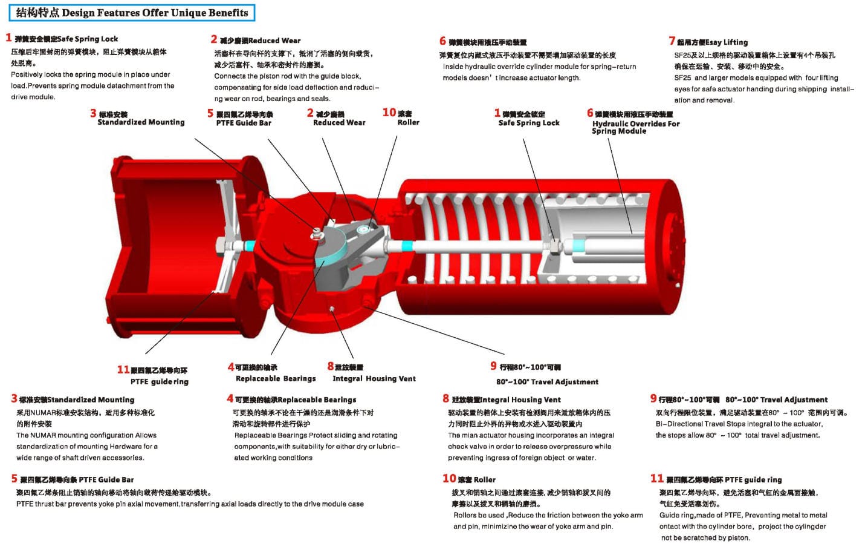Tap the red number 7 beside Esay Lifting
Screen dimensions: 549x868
[x=672, y=41]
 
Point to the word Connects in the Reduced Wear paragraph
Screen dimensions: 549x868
[x=230, y=76]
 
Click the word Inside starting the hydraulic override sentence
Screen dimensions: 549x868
[x=453, y=67]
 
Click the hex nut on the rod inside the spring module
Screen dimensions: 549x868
[x=555, y=246]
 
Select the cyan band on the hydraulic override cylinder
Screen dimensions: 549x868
[x=579, y=246]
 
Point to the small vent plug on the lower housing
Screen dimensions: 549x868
[x=332, y=309]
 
